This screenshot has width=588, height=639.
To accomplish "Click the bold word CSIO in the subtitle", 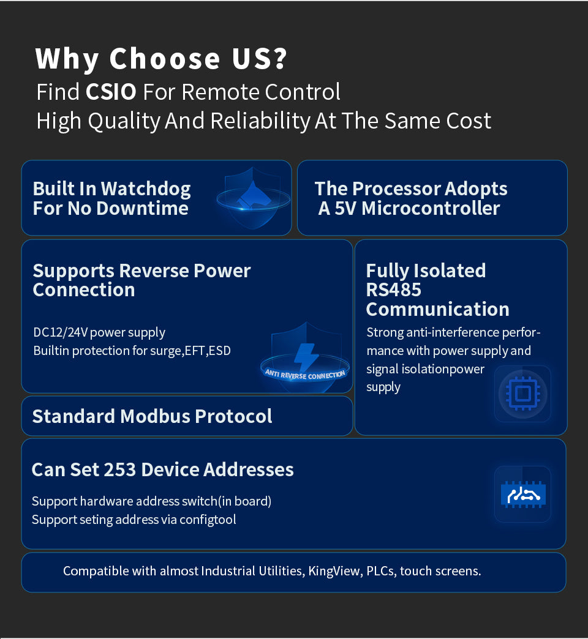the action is click(x=111, y=92).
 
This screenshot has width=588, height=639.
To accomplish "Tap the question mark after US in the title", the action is click(x=281, y=58).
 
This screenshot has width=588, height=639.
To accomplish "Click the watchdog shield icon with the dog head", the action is click(x=253, y=198).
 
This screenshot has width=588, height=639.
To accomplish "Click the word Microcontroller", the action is click(x=431, y=208).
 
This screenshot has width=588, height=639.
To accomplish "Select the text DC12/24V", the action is click(x=61, y=332).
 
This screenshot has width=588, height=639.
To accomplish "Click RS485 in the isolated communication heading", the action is click(x=393, y=290).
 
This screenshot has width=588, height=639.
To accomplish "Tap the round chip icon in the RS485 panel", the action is click(x=522, y=394).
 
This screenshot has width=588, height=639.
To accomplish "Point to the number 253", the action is click(x=120, y=469).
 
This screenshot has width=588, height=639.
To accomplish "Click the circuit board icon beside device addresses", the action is click(x=523, y=495).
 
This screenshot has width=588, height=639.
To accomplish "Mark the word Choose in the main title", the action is click(x=165, y=58).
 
